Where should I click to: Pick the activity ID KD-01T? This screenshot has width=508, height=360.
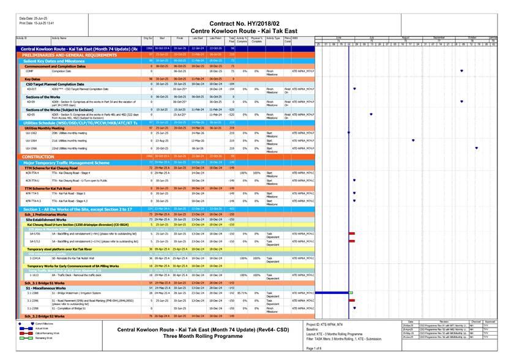pyautogui.click(x=32, y=89)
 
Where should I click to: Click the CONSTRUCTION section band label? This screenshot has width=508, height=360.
pyautogui.click(x=39, y=157)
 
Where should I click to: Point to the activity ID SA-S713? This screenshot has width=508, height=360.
pyautogui.click(x=35, y=242)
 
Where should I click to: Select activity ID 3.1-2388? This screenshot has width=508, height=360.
pyautogui.click(x=33, y=293)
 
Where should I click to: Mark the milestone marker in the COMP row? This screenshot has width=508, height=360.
pyautogui.click(x=461, y=71)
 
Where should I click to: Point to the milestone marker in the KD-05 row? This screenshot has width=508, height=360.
pyautogui.click(x=371, y=114)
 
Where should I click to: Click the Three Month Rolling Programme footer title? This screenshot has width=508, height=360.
pyautogui.click(x=195, y=336)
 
